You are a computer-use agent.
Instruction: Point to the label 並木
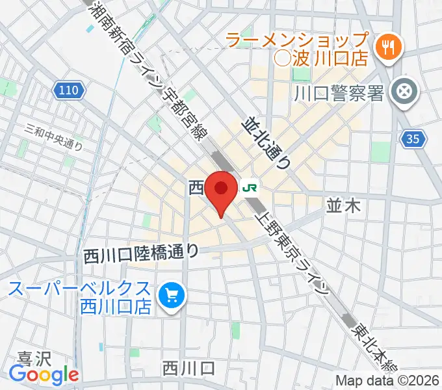point(343,206)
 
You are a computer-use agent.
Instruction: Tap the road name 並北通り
point(266,143)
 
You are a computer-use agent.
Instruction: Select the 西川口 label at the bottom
point(188,369)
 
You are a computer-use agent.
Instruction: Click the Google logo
point(44,374)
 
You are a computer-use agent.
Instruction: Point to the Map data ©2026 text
point(387,380)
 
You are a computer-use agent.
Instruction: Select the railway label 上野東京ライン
point(295,251)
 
